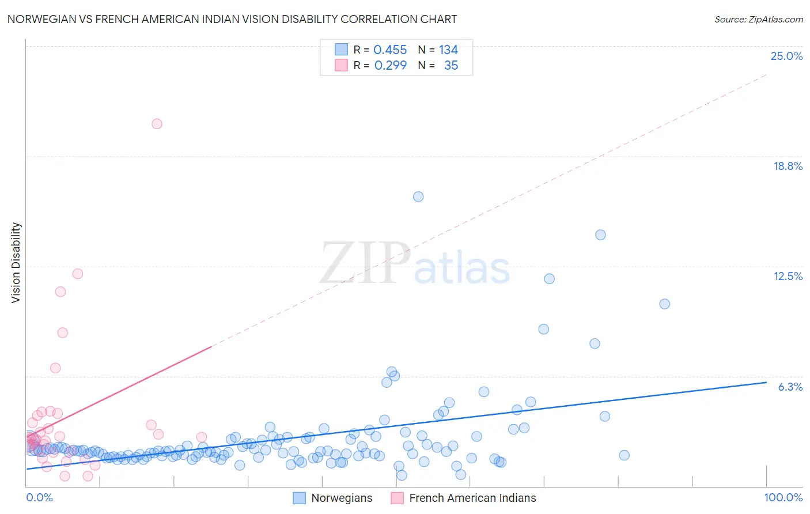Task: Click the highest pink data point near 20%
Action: [x=157, y=124]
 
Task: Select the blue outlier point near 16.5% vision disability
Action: [x=418, y=196]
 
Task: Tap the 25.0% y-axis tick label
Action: [x=786, y=56]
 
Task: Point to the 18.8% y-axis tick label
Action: [x=788, y=166]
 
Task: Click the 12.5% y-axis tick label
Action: [x=788, y=276]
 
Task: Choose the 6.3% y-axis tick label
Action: [x=790, y=387]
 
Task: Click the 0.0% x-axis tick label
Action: [x=39, y=497]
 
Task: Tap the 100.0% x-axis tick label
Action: [x=783, y=497]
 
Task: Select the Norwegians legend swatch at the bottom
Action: [x=299, y=498]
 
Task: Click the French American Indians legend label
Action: [x=472, y=498]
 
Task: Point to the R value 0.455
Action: [x=390, y=50]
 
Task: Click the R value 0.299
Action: [x=390, y=66]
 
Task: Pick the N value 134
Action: [x=448, y=50]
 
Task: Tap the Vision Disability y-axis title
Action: [x=16, y=263]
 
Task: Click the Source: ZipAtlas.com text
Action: [x=758, y=20]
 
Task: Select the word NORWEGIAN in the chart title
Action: [x=41, y=20]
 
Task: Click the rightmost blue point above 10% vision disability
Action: [x=664, y=304]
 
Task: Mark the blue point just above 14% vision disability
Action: [x=600, y=235]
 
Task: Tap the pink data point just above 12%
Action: [x=78, y=274]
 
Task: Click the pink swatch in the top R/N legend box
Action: [x=341, y=65]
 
